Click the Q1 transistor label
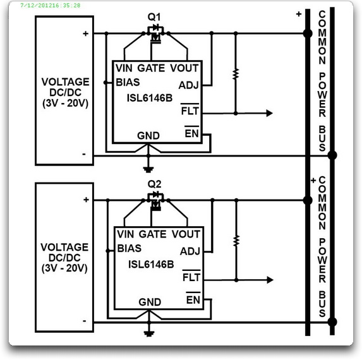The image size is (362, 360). [x=154, y=17]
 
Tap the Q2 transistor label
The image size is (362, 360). [x=154, y=184]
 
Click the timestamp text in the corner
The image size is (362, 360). [x=51, y=5]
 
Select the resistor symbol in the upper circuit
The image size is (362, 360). [x=236, y=74]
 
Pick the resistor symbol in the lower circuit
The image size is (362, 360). [x=236, y=241]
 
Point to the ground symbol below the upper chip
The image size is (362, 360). [x=148, y=170]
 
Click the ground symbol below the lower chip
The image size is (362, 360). [x=149, y=333]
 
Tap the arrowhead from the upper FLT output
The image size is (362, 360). [x=269, y=113]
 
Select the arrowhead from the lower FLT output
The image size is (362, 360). [x=270, y=280]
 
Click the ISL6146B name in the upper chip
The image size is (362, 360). [x=150, y=98]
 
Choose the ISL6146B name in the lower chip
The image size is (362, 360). [x=151, y=264]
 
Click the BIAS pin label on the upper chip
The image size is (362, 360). [x=128, y=82]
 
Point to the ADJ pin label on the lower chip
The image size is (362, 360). [x=190, y=251]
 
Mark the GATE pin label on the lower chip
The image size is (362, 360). [x=153, y=234]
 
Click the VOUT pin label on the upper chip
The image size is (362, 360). [x=184, y=68]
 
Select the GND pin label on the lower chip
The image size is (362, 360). [x=150, y=302]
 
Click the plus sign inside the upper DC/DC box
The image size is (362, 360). [x=86, y=33]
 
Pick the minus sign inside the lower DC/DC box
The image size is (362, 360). [x=85, y=321]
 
